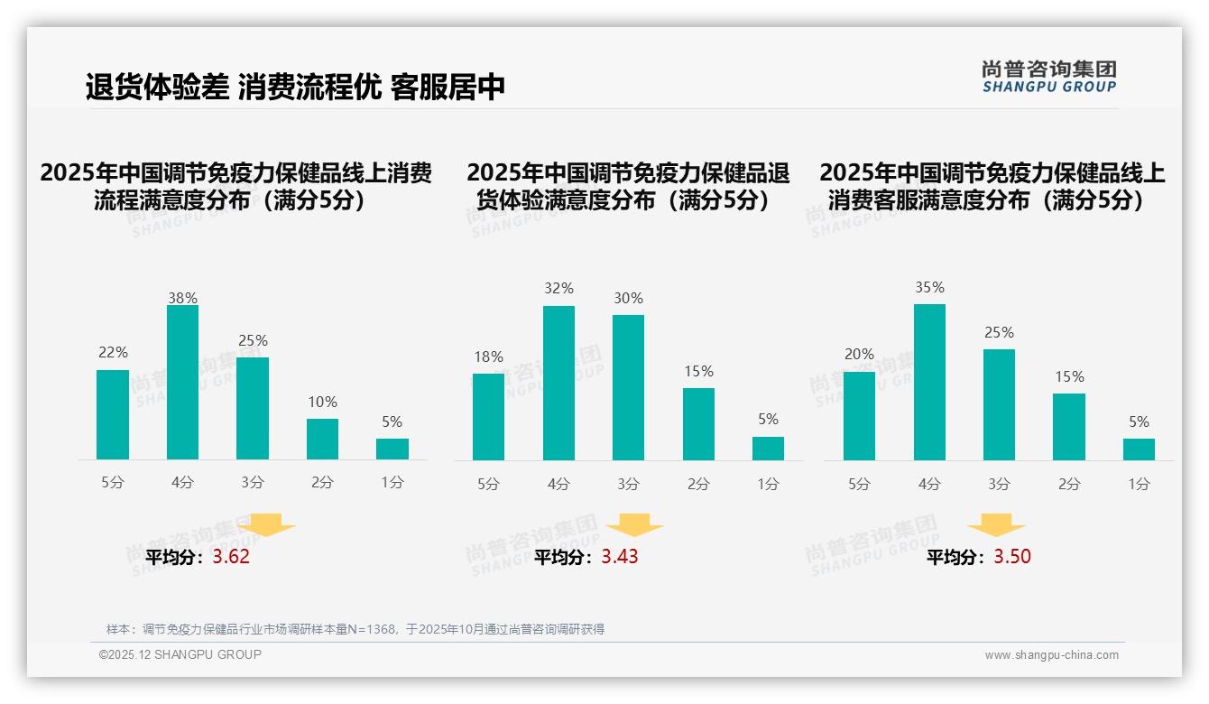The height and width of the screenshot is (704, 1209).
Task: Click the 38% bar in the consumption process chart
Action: click(182, 383)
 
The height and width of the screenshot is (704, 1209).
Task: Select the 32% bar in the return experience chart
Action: click(558, 383)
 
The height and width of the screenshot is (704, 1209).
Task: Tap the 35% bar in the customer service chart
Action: click(929, 382)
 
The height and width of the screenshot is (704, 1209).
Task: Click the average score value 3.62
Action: click(231, 557)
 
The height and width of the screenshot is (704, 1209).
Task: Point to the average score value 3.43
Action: click(620, 557)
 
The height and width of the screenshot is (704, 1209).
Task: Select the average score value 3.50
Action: click(1012, 557)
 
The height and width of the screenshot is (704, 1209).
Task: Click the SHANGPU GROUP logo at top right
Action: click(1048, 77)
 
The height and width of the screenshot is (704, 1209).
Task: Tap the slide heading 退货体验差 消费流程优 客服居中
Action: click(295, 87)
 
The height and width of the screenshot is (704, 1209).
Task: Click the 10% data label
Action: click(322, 402)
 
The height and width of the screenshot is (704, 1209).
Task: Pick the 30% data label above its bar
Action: click(628, 298)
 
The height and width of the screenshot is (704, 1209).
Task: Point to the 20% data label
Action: click(859, 354)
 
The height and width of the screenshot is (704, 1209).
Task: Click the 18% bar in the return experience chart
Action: click(488, 417)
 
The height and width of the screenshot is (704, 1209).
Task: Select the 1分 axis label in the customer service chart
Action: click(1139, 484)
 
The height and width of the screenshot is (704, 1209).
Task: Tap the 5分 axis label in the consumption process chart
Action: click(113, 483)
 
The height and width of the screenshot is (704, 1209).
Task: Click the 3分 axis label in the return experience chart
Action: click(628, 484)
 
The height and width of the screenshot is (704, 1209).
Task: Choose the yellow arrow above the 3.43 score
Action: click(634, 525)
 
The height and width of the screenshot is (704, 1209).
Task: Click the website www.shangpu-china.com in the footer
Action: click(1051, 655)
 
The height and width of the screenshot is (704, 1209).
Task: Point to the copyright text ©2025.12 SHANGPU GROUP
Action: click(180, 654)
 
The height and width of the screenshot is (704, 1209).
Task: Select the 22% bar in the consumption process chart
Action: click(113, 415)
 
